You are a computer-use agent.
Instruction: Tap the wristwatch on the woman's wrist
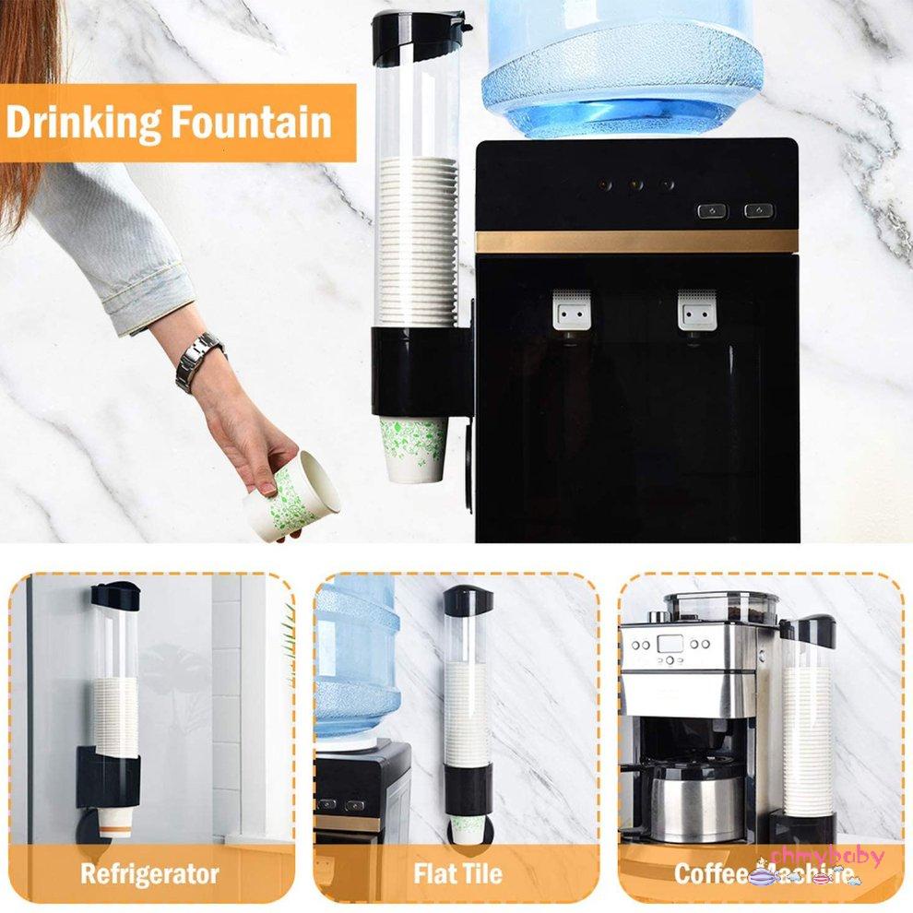199,361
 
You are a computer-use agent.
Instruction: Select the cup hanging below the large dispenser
413,448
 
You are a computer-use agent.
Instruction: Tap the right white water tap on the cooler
697,311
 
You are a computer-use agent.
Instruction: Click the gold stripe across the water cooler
636,242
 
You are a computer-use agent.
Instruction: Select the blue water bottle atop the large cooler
622,65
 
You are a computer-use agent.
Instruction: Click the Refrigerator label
149,872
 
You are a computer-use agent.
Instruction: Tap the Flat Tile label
458,872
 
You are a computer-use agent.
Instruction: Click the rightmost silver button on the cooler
759,211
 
